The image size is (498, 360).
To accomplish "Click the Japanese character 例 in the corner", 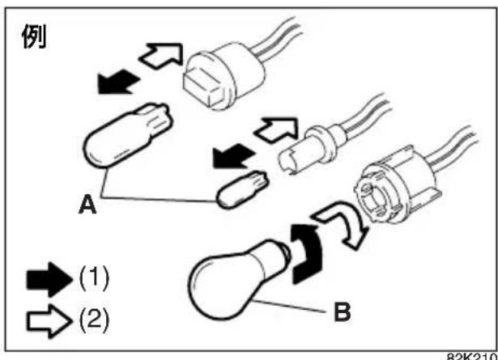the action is click(34, 36).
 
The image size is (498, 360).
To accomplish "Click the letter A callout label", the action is click(87, 204).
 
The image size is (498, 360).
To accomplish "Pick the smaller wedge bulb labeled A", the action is click(242, 189).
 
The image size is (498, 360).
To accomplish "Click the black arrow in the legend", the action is click(49, 280).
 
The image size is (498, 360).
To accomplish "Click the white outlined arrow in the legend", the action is click(49, 321).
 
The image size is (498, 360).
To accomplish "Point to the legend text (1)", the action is click(94, 279).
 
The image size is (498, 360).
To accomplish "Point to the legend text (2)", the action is click(94, 320).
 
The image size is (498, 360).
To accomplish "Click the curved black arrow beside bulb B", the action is click(306, 254).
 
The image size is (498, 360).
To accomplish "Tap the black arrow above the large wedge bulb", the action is click(118, 83).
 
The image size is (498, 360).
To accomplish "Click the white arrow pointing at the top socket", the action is click(161, 56).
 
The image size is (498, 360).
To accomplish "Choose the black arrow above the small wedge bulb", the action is click(234, 156).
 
